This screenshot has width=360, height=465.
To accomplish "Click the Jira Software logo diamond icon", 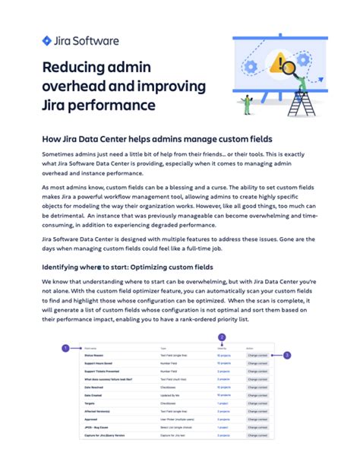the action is (47, 40).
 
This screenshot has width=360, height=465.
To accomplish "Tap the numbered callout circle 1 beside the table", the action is (66, 348).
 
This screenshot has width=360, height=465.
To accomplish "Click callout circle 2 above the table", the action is (222, 337).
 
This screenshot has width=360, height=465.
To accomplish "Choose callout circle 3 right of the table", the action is (287, 355).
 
